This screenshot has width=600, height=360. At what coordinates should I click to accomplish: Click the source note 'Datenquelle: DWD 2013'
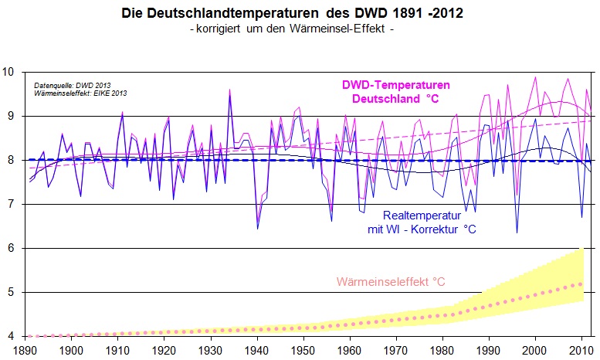coord(66,85)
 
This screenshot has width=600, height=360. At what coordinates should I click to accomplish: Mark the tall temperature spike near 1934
coord(229,91)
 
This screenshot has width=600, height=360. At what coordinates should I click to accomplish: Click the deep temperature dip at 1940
coord(257,229)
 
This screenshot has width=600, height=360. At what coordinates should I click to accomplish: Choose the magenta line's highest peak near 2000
coord(536,77)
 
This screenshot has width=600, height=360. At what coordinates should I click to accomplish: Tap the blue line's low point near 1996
coord(517,233)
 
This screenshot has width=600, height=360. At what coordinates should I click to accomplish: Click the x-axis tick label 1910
coord(117,349)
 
